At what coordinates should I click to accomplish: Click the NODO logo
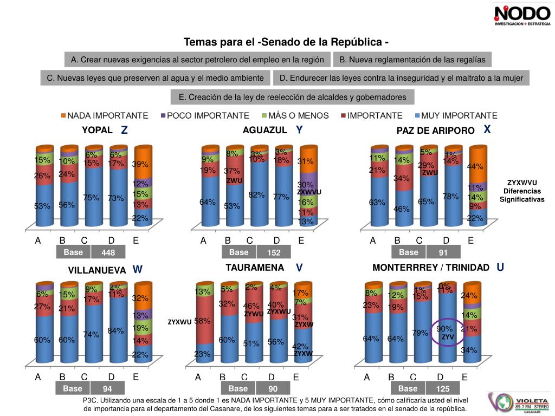coord(521,15)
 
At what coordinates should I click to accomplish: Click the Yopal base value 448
coord(108,253)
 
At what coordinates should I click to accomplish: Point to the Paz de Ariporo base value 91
coord(444,253)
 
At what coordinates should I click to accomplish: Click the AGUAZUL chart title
coord(264,130)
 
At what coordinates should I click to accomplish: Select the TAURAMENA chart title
coord(255,268)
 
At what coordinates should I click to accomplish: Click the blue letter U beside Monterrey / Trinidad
coord(500,267)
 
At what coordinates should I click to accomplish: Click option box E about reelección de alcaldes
coord(292,97)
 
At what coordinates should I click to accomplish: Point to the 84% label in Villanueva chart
coord(115,331)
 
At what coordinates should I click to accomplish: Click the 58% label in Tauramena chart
coord(202,321)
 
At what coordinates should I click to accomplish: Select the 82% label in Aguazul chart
coord(256,195)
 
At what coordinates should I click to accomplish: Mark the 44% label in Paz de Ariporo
coord(475,167)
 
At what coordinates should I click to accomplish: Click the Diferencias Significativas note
coord(522,191)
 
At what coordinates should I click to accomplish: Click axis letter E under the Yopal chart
coord(135,240)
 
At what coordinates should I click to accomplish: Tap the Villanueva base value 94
coord(108,389)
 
